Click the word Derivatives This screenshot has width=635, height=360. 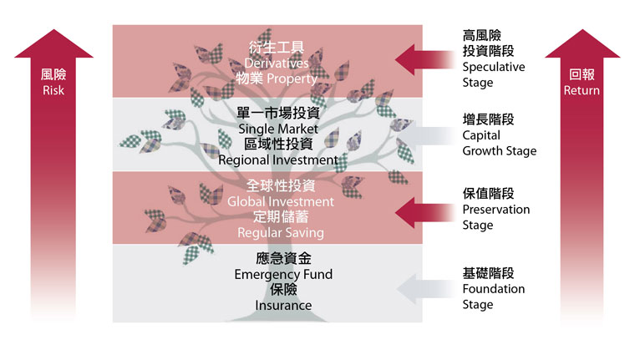click(277, 63)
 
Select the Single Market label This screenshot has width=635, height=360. click(278, 129)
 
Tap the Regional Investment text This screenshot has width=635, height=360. click(278, 160)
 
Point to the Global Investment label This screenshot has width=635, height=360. click(281, 201)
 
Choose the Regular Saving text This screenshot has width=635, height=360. click(281, 233)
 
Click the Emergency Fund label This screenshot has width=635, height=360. click(283, 275)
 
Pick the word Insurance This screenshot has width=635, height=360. click(283, 306)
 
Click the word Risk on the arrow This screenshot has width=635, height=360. click(53, 90)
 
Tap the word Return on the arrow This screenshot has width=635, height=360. click(582, 90)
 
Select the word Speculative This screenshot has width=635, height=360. click(494, 67)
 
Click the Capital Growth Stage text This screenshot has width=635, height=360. click(500, 143)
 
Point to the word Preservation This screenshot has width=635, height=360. click(496, 210)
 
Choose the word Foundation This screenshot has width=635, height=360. click(494, 289)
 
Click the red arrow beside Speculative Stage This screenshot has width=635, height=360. click(424, 60)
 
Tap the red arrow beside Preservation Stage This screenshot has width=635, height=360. click(424, 213)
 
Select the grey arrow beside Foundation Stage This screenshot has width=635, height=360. click(425, 289)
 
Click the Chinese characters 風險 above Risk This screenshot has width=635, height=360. click(53, 74)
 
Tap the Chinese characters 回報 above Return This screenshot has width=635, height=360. click(582, 74)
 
